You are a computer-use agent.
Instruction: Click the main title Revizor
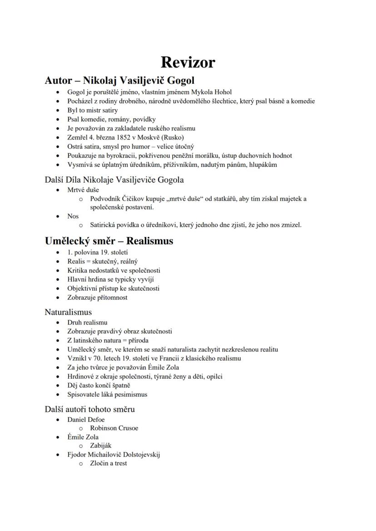coord(188,62)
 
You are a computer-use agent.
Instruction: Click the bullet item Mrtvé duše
coord(84,190)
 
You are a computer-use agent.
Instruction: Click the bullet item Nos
coord(73,216)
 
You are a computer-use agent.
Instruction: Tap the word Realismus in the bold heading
coord(149,241)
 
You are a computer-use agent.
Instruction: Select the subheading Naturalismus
coord(68,312)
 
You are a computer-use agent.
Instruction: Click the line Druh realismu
coord(87,322)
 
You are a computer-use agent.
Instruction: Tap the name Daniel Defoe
coord(86,419)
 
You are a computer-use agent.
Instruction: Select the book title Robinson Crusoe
coord(114,428)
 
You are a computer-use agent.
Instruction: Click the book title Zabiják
coord(100,446)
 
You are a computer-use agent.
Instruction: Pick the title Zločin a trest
coord(108,463)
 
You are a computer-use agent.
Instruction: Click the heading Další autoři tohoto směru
coord(89,409)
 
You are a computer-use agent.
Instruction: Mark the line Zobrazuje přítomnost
coord(97,297)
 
